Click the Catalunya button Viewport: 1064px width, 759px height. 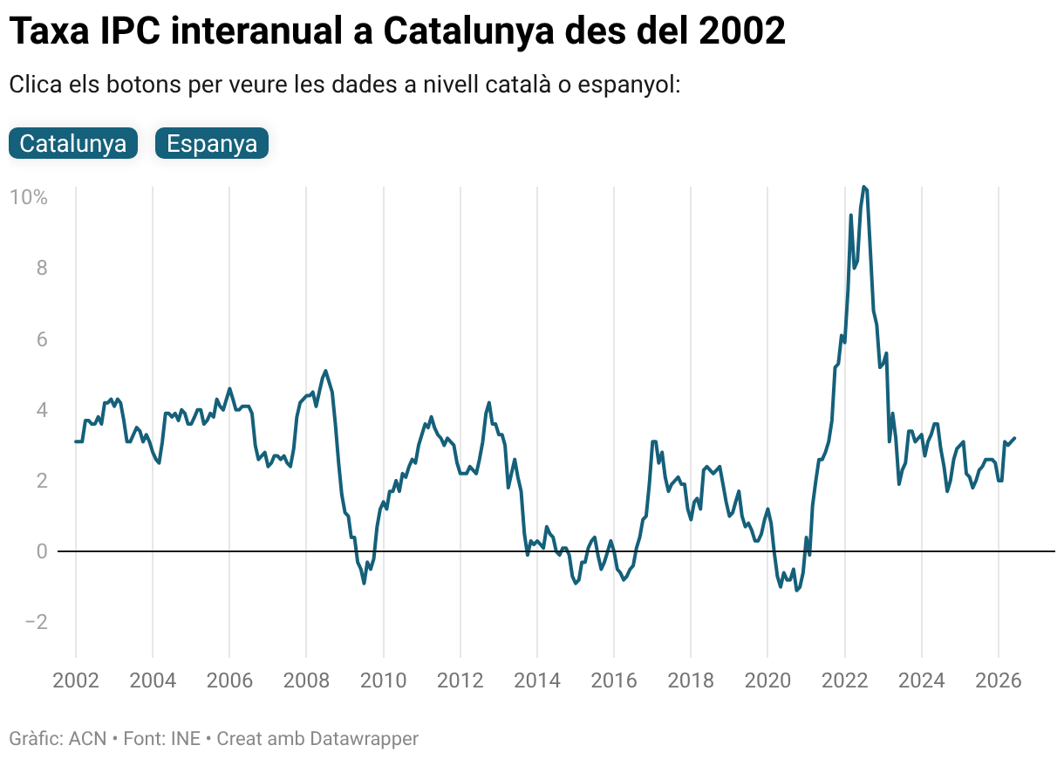click(73, 143)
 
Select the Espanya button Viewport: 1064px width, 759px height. click(212, 143)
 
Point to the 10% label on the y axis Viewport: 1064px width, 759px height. click(29, 197)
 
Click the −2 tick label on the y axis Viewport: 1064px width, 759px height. click(37, 622)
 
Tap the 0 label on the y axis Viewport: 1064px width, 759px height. click(42, 551)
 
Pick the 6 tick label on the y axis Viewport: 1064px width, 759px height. click(42, 338)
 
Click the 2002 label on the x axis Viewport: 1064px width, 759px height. click(76, 680)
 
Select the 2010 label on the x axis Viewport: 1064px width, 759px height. click(384, 680)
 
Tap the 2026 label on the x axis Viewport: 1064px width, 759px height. click(999, 680)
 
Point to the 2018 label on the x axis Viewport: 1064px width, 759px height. click(691, 680)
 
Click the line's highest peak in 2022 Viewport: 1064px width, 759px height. click(864, 188)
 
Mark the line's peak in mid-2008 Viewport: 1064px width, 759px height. click(325, 371)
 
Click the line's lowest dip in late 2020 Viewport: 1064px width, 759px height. click(796, 590)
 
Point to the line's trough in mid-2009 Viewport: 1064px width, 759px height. click(364, 583)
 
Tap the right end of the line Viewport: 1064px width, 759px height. click(1014, 438)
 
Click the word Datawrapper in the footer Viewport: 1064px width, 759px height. click(365, 739)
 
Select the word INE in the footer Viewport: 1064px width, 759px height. click(185, 739)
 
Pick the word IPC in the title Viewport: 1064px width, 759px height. click(130, 31)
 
